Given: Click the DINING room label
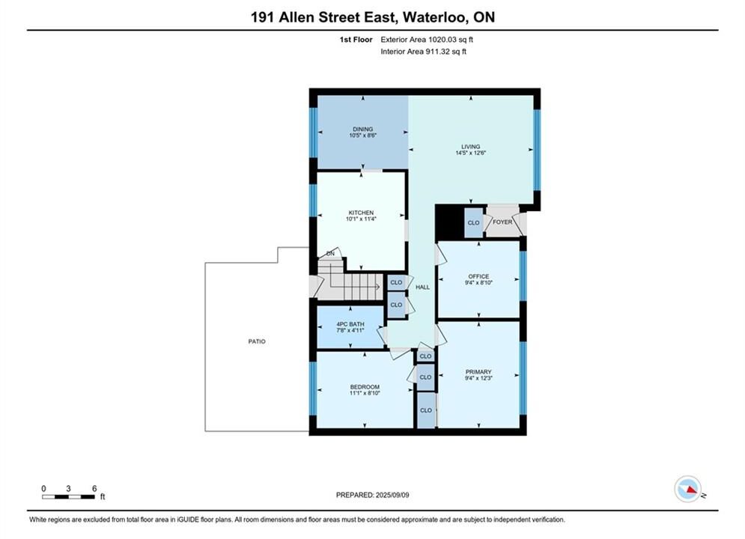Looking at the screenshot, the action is (x=362, y=130).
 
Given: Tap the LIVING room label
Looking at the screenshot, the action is (x=470, y=147).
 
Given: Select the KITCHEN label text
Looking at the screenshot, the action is (x=361, y=213).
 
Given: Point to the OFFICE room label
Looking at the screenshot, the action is (x=478, y=276).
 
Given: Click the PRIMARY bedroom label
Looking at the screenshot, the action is (x=478, y=372).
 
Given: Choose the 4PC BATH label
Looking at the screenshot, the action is (x=350, y=324).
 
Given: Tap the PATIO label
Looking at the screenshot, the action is (x=257, y=341).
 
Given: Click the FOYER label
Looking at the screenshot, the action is (x=502, y=222).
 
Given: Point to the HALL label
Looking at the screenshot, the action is (x=422, y=287).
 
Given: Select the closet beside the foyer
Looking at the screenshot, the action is (x=473, y=222).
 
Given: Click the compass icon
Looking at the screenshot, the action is (x=687, y=489).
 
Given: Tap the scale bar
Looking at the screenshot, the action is (x=68, y=497).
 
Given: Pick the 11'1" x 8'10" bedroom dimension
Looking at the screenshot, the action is (x=365, y=393).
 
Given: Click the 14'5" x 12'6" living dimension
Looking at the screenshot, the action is (x=470, y=153).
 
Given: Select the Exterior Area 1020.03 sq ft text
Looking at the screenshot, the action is (x=427, y=40).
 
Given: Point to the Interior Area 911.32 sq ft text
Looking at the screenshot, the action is (x=423, y=52).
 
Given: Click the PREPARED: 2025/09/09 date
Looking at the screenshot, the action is (x=373, y=495).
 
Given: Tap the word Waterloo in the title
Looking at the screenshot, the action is (x=435, y=17).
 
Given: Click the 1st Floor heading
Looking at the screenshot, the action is (x=356, y=40).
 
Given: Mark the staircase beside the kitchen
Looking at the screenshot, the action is (x=350, y=280).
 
